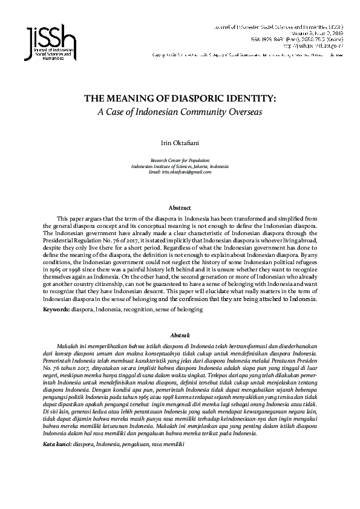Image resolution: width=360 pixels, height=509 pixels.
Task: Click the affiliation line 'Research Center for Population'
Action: pos(180,161)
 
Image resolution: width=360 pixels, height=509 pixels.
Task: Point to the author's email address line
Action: pos(180,172)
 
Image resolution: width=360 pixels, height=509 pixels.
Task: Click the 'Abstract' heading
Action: pos(180,207)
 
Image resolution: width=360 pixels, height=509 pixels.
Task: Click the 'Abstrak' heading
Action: pos(180,334)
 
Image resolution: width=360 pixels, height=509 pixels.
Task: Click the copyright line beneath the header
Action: pos(248,55)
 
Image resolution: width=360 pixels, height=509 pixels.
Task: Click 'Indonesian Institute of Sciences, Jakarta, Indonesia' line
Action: pos(180,166)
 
